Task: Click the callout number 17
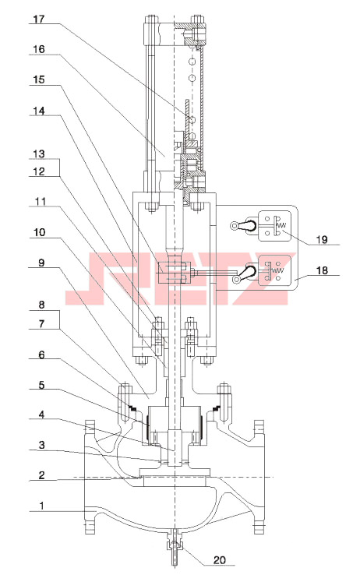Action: [x=39, y=19]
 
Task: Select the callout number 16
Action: [x=39, y=49]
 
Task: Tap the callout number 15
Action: [x=39, y=79]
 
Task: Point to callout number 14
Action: [x=39, y=111]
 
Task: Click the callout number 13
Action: [x=39, y=153]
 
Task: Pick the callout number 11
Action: [x=40, y=202]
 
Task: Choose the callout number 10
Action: [x=39, y=232]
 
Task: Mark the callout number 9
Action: [x=41, y=263]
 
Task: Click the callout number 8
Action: [x=41, y=305]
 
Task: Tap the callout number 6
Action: [x=41, y=354]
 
